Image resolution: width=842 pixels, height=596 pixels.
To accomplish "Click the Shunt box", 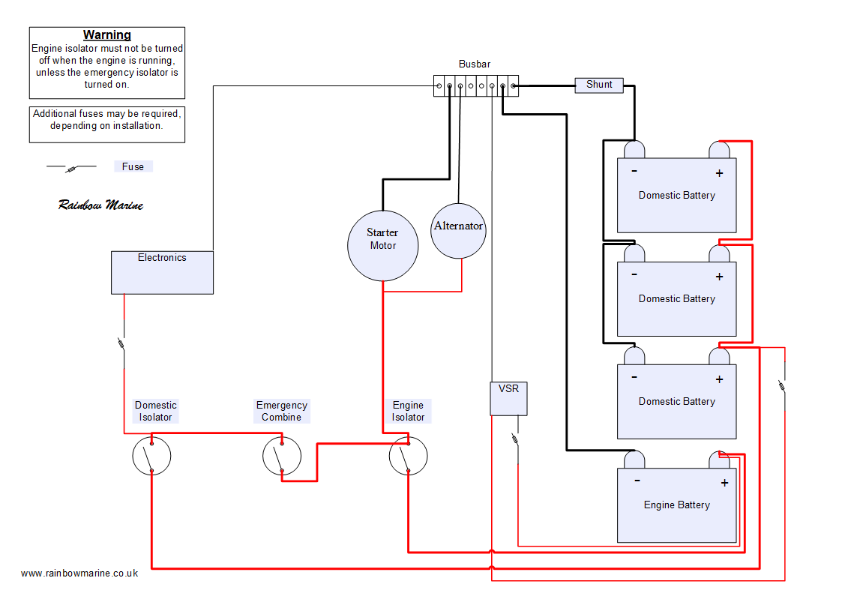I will (599, 85).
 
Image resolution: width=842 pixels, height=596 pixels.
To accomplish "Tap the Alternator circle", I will (458, 231).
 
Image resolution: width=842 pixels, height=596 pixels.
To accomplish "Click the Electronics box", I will (162, 272).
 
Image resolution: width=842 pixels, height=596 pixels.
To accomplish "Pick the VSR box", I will (508, 398).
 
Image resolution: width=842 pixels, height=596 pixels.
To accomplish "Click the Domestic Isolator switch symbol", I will (151, 456).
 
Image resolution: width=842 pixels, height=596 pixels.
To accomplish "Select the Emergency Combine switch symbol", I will (282, 456).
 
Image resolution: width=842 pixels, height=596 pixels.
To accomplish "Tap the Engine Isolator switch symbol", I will (408, 456).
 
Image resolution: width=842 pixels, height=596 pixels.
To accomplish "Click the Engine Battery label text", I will (676, 505).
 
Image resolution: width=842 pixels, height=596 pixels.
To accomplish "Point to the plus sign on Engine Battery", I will (724, 483).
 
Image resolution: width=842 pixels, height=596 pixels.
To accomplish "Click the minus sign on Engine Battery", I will (637, 481).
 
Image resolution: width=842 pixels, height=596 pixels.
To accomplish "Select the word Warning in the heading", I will (107, 35).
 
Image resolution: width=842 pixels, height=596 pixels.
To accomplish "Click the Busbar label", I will (475, 64).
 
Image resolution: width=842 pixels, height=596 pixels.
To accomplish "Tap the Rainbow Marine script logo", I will (100, 205).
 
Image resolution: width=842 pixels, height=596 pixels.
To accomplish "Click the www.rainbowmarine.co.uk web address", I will (79, 573).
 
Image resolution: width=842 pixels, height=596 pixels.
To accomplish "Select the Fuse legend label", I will (133, 166).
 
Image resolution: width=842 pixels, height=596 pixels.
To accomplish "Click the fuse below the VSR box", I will (516, 439).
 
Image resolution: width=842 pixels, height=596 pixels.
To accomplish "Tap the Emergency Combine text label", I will (282, 411).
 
